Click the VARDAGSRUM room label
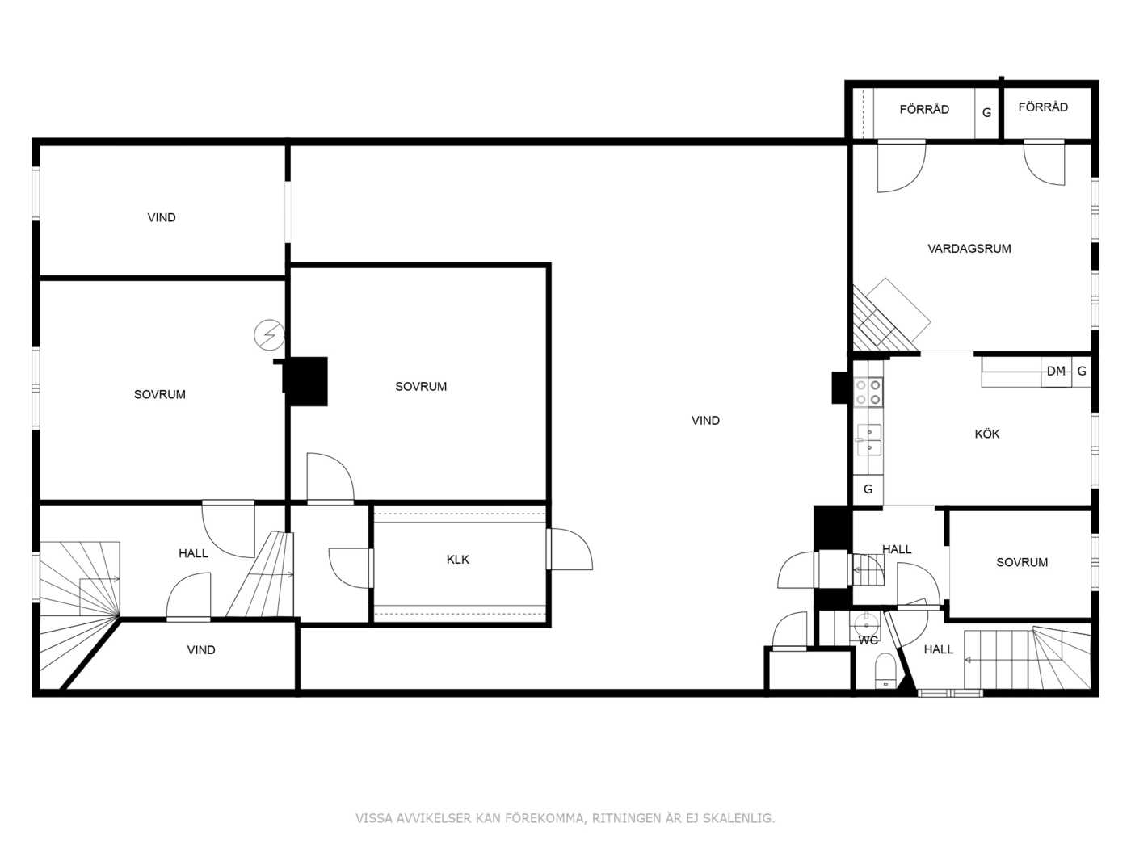click(969, 249)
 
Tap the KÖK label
click(986, 434)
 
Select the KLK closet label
click(457, 560)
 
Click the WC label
click(868, 641)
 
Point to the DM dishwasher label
click(1056, 371)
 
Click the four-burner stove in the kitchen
click(868, 392)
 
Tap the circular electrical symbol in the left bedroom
click(269, 335)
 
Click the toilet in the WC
click(885, 671)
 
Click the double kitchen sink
click(868, 440)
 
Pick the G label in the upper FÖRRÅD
click(986, 113)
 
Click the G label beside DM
click(1082, 371)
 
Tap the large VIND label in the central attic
click(705, 421)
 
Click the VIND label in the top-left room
click(162, 218)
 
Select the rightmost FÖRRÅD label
click(1043, 107)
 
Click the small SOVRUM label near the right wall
click(1022, 562)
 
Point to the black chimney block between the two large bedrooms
click(305, 381)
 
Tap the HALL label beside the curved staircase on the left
click(193, 553)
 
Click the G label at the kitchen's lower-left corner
click(868, 489)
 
